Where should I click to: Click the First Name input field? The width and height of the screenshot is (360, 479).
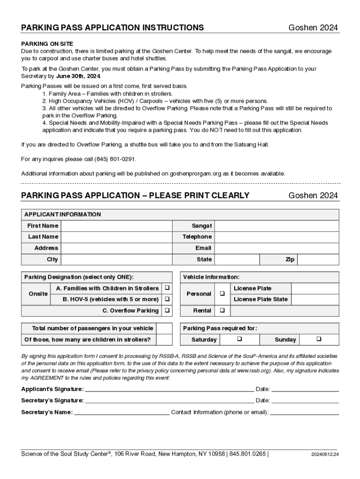117,226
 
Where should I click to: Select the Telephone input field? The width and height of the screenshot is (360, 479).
276,237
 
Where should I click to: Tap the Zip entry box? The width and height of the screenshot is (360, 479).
318,260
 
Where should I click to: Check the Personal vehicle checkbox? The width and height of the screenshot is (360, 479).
222,294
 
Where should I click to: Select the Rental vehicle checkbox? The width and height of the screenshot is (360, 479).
222,311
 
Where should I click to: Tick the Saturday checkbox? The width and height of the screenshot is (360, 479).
239,339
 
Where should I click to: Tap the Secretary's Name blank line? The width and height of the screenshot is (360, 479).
122,412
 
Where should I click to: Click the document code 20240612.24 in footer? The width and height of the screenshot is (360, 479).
324,454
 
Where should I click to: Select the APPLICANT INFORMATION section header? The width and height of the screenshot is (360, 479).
62,215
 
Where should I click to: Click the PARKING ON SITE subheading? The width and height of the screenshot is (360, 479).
47,44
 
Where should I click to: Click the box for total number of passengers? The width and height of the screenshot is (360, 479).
164,328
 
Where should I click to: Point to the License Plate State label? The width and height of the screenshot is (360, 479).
260,299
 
